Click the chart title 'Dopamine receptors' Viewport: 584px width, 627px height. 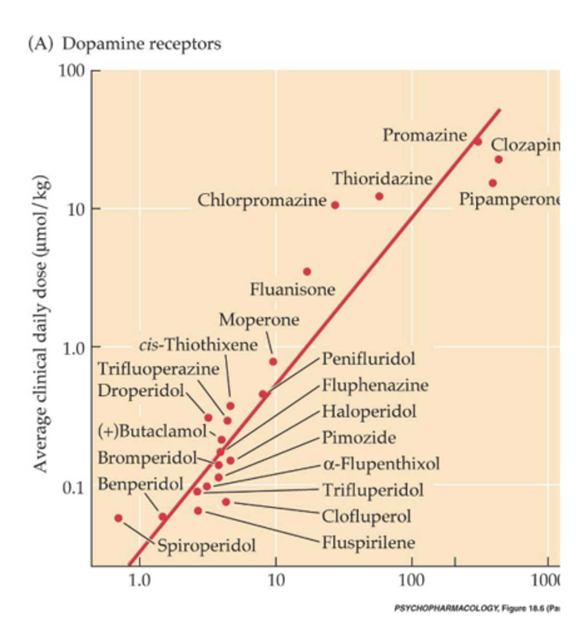pyautogui.click(x=141, y=44)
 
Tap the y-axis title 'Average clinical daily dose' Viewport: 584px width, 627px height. pyautogui.click(x=41, y=324)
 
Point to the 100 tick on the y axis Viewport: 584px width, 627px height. pyautogui.click(x=72, y=71)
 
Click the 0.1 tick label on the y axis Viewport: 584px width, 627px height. pyautogui.click(x=73, y=488)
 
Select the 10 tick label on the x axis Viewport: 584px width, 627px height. pyautogui.click(x=276, y=580)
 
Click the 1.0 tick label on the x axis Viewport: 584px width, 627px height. pyautogui.click(x=140, y=580)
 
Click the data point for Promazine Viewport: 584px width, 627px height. pyautogui.click(x=477, y=141)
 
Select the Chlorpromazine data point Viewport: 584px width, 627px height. pyautogui.click(x=335, y=205)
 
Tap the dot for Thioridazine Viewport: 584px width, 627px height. pyautogui.click(x=379, y=196)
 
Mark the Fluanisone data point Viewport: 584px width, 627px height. pyautogui.click(x=307, y=271)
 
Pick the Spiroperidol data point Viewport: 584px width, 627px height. pyautogui.click(x=119, y=518)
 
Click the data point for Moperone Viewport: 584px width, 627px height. pyautogui.click(x=273, y=361)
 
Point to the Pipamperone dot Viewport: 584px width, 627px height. pyautogui.click(x=493, y=183)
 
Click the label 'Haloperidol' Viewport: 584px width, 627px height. pyautogui.click(x=369, y=411)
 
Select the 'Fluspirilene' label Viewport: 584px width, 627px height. pyautogui.click(x=368, y=542)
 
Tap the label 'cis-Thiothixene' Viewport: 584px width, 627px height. pyautogui.click(x=198, y=345)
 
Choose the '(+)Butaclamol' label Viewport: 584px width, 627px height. pyautogui.click(x=153, y=431)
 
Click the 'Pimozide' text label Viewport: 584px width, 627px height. pyautogui.click(x=358, y=437)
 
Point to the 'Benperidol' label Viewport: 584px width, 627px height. pyautogui.click(x=141, y=484)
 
